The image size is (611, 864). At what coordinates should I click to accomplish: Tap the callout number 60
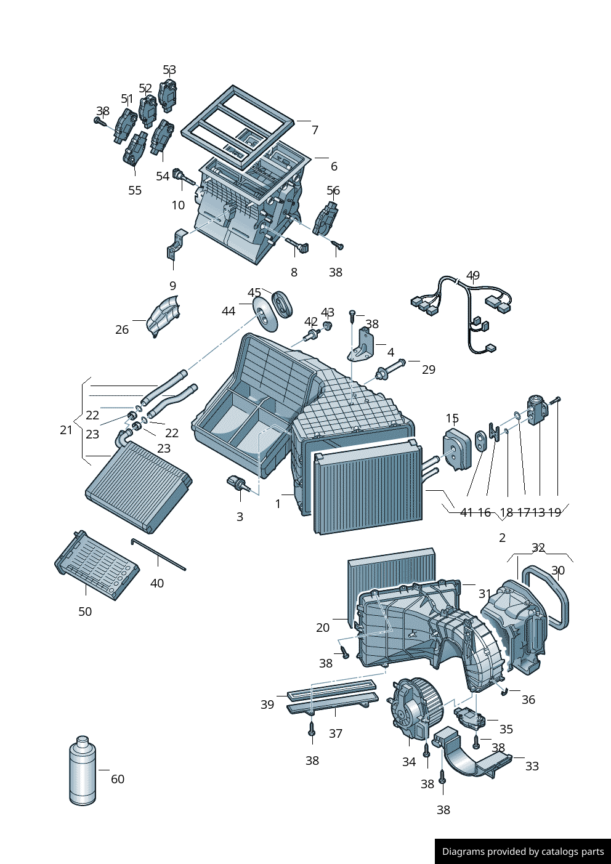tap(118, 779)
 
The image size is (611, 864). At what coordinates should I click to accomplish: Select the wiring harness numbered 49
tap(468, 314)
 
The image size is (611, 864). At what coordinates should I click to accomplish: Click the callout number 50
tap(85, 612)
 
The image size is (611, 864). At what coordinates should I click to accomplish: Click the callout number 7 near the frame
tap(315, 130)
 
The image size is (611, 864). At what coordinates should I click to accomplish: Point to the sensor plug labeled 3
tap(238, 483)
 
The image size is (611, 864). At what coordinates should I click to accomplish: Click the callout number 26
tap(122, 329)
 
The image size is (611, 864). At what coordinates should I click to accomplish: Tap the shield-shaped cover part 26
tap(164, 315)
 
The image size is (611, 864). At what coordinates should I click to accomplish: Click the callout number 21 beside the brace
tap(67, 430)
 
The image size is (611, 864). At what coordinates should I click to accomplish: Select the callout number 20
tap(323, 628)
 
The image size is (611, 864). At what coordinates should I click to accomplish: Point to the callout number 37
tap(336, 733)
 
